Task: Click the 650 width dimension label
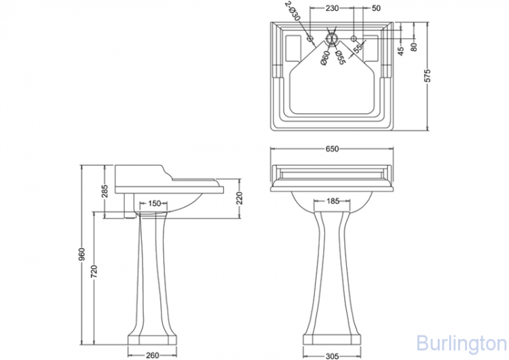click(x=332, y=149)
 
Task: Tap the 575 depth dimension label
click(x=428, y=75)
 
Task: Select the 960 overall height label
click(x=81, y=254)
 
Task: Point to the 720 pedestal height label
click(x=94, y=272)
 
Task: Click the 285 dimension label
click(x=105, y=192)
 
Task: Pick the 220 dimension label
click(x=240, y=198)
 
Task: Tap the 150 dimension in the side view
click(x=155, y=203)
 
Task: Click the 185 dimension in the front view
click(x=333, y=201)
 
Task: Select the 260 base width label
click(x=152, y=355)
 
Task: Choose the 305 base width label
click(x=332, y=357)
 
